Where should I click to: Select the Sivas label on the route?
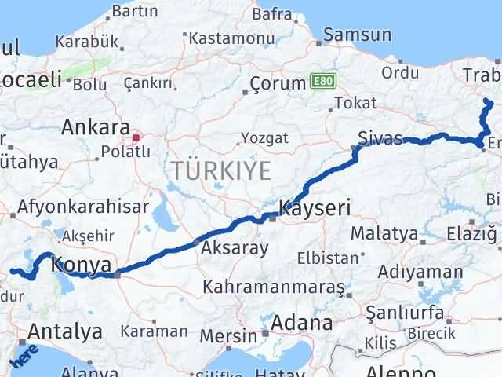click(380, 137)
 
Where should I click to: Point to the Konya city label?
click(81, 266)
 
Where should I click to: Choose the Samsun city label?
click(357, 35)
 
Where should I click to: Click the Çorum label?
click(277, 83)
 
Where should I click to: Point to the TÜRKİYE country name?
click(221, 170)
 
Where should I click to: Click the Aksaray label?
click(235, 248)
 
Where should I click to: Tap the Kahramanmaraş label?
click(273, 288)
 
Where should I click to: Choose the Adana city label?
click(301, 323)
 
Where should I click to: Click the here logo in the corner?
click(21, 357)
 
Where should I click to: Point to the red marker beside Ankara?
click(136, 138)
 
